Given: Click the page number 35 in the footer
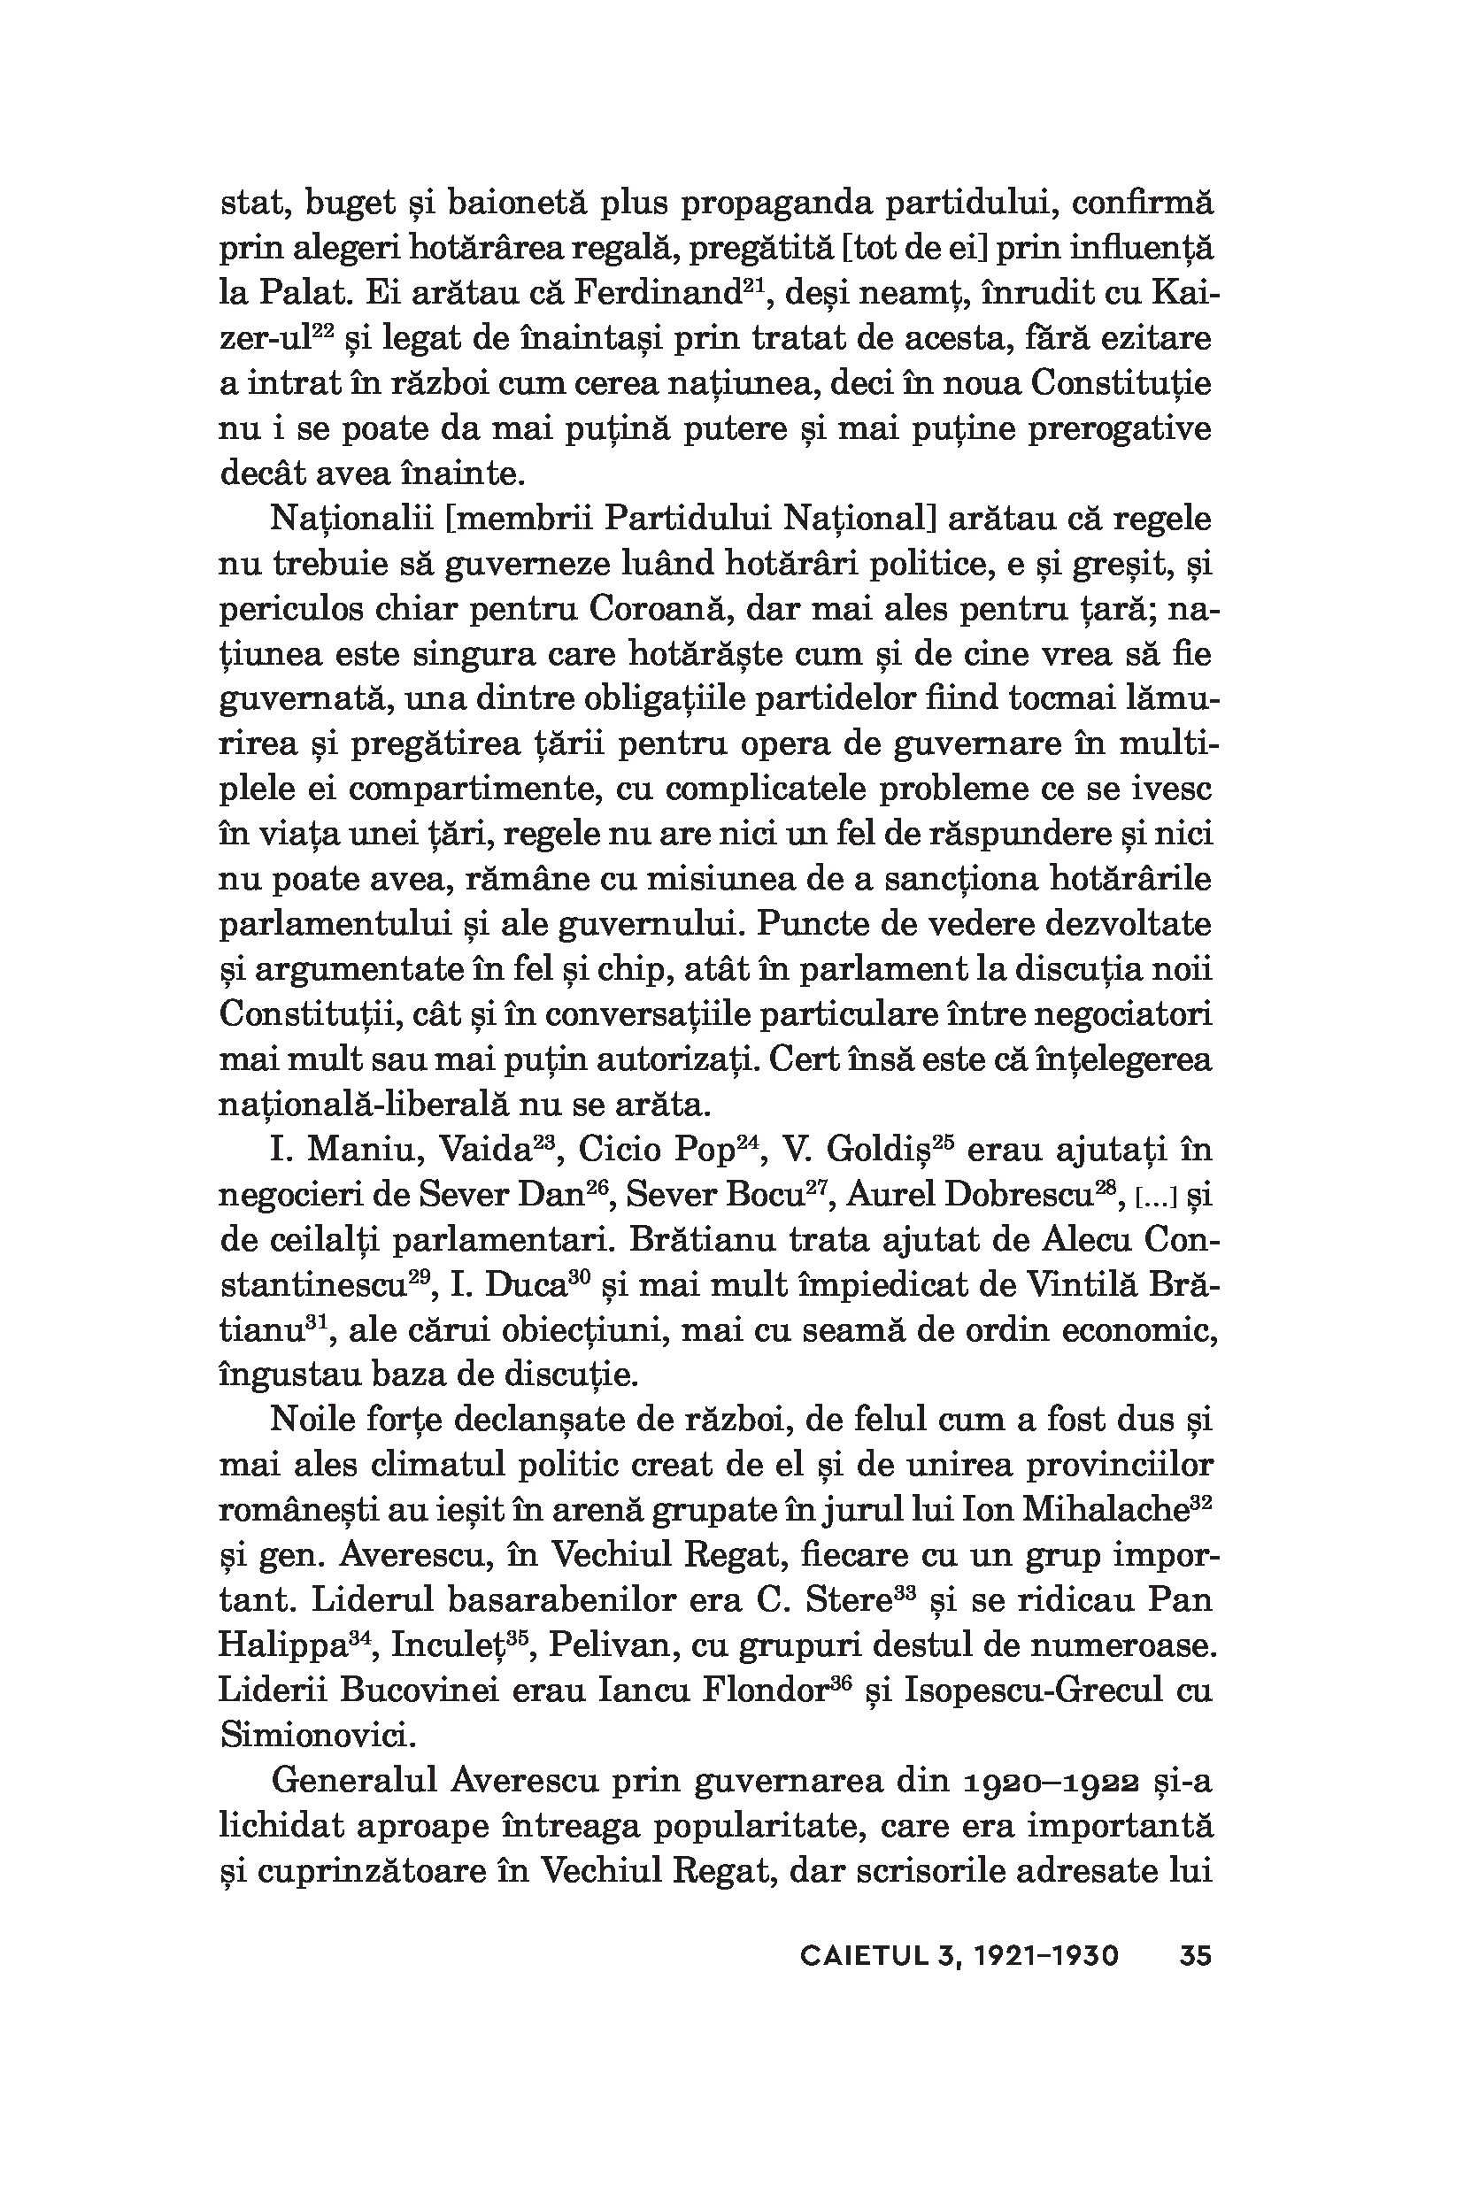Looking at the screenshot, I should (1195, 1955).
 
